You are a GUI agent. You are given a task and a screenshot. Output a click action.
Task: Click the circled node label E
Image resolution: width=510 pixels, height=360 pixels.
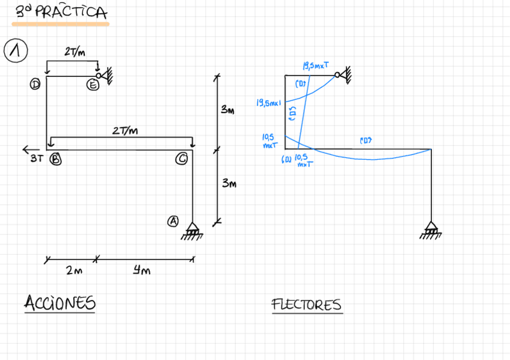coord(93,85)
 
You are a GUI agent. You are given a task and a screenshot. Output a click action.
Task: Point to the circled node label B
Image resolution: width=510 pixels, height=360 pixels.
coord(55,159)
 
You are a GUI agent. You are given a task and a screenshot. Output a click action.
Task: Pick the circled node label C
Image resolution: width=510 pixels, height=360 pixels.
coord(182,159)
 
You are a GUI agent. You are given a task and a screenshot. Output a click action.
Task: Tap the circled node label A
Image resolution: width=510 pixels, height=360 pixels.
coord(173,221)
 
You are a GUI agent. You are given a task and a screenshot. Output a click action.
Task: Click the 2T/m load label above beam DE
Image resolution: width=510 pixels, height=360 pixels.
coord(75,52)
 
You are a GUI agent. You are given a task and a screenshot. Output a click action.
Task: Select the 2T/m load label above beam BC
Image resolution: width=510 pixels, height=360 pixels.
coord(125,130)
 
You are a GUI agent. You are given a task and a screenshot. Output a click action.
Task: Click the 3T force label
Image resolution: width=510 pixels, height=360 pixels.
coord(36,160)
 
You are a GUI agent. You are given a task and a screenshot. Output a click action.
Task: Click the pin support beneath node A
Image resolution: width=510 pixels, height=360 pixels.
coord(192,230)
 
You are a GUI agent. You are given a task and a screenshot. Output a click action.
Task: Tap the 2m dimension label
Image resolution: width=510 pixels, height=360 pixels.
coord(74,271)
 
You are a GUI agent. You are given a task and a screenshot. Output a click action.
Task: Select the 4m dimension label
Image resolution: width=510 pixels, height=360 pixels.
coord(141,271)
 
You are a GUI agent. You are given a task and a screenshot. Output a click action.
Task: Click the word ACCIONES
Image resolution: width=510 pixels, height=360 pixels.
coord(60,304)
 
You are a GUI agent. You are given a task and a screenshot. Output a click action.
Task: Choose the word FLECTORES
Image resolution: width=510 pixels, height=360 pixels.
coord(306,305)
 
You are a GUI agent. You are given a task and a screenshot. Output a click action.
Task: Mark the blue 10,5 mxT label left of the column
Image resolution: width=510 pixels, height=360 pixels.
coord(268,141)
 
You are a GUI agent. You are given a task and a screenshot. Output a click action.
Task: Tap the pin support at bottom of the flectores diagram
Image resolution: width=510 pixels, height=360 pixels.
coord(431,230)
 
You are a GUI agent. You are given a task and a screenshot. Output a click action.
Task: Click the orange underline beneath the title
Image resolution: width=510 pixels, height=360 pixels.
coord(61,25)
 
